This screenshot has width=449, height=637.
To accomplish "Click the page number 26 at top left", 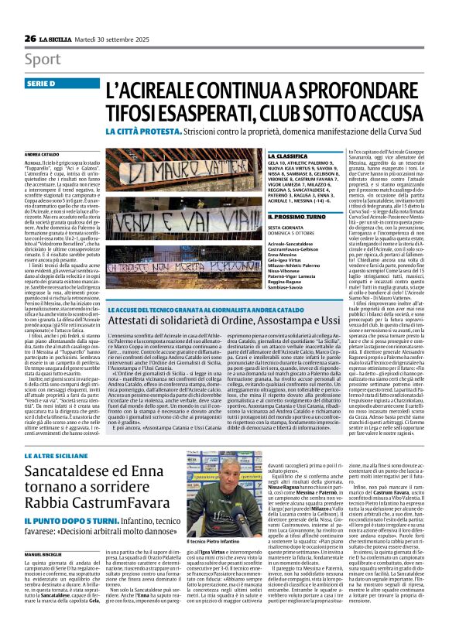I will pyautogui.click(x=30, y=15).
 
